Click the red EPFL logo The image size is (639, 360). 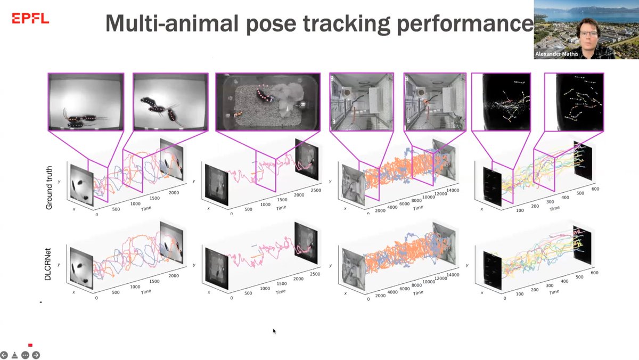(30, 19)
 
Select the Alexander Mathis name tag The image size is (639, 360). (556, 54)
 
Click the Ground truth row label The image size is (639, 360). (49, 186)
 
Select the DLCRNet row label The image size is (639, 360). (49, 265)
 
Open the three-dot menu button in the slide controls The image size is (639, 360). (25, 355)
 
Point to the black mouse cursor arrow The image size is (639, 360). (275, 331)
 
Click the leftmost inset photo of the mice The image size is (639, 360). (86, 102)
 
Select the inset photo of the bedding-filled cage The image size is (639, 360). (267, 102)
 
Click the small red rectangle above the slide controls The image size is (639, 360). (30, 345)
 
